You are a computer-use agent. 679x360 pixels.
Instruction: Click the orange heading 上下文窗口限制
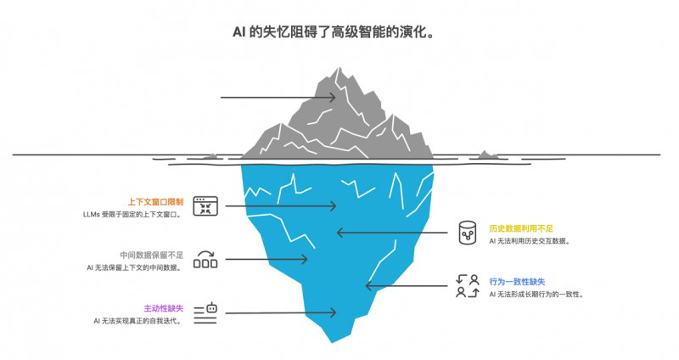(x=155, y=202)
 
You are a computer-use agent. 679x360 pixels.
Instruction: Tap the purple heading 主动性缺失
(x=163, y=308)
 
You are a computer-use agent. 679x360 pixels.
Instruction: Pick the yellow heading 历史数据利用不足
(x=521, y=228)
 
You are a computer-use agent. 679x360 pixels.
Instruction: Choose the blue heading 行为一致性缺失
(x=517, y=281)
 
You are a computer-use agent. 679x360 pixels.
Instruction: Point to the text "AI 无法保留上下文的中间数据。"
(x=134, y=267)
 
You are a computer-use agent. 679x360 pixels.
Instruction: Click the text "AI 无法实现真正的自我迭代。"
(x=137, y=321)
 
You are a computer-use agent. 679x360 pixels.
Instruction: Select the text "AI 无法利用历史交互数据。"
(x=530, y=241)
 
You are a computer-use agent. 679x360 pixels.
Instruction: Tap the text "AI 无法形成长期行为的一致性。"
(x=536, y=295)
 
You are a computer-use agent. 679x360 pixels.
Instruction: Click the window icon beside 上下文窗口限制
(x=205, y=205)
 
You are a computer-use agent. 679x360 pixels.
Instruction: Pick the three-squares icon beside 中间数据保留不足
(x=205, y=259)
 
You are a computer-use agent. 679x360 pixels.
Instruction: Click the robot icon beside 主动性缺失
(x=205, y=312)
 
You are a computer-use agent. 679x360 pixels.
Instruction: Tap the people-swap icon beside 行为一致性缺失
(x=467, y=286)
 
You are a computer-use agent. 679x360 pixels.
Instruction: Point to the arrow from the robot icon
(x=280, y=313)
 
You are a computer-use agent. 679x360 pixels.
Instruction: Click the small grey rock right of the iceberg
(x=486, y=155)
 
